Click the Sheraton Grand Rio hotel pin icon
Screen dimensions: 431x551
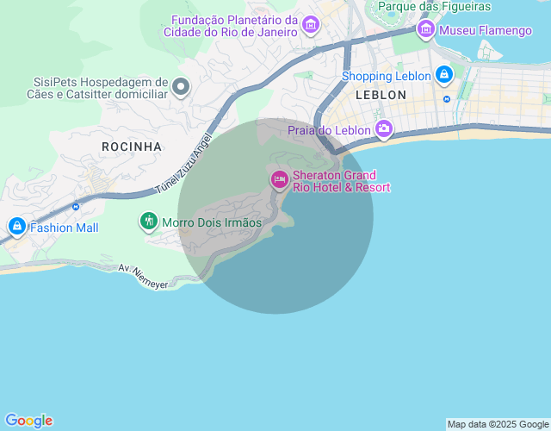[x=279, y=179]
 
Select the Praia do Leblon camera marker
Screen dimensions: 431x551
[x=383, y=130]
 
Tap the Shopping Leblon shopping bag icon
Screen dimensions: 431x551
[x=443, y=75]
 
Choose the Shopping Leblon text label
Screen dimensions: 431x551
[x=386, y=76]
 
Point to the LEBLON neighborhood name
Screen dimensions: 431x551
[x=380, y=95]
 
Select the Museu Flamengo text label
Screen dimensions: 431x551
[x=486, y=31]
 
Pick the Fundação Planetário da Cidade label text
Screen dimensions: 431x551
[x=234, y=26]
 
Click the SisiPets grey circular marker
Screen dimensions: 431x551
[x=181, y=86]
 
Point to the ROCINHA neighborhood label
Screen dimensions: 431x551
[x=132, y=147]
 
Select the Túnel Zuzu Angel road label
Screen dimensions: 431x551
[x=183, y=163]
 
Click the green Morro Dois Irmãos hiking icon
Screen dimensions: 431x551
[x=149, y=222]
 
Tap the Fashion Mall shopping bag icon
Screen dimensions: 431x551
[x=15, y=228]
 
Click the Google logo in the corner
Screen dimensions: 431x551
[x=28, y=421]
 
